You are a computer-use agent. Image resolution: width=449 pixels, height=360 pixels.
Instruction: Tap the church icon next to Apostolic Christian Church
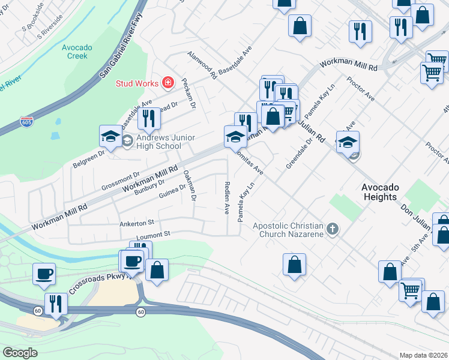(332, 229)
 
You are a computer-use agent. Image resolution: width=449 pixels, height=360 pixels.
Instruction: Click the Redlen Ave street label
(227, 198)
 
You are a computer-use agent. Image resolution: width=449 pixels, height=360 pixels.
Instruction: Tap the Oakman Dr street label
(190, 185)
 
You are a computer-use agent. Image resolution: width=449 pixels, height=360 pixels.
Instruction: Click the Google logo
(20, 352)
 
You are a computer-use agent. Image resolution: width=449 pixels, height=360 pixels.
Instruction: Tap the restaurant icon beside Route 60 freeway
(56, 304)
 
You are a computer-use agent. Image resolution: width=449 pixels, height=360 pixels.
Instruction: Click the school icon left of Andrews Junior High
(111, 137)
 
